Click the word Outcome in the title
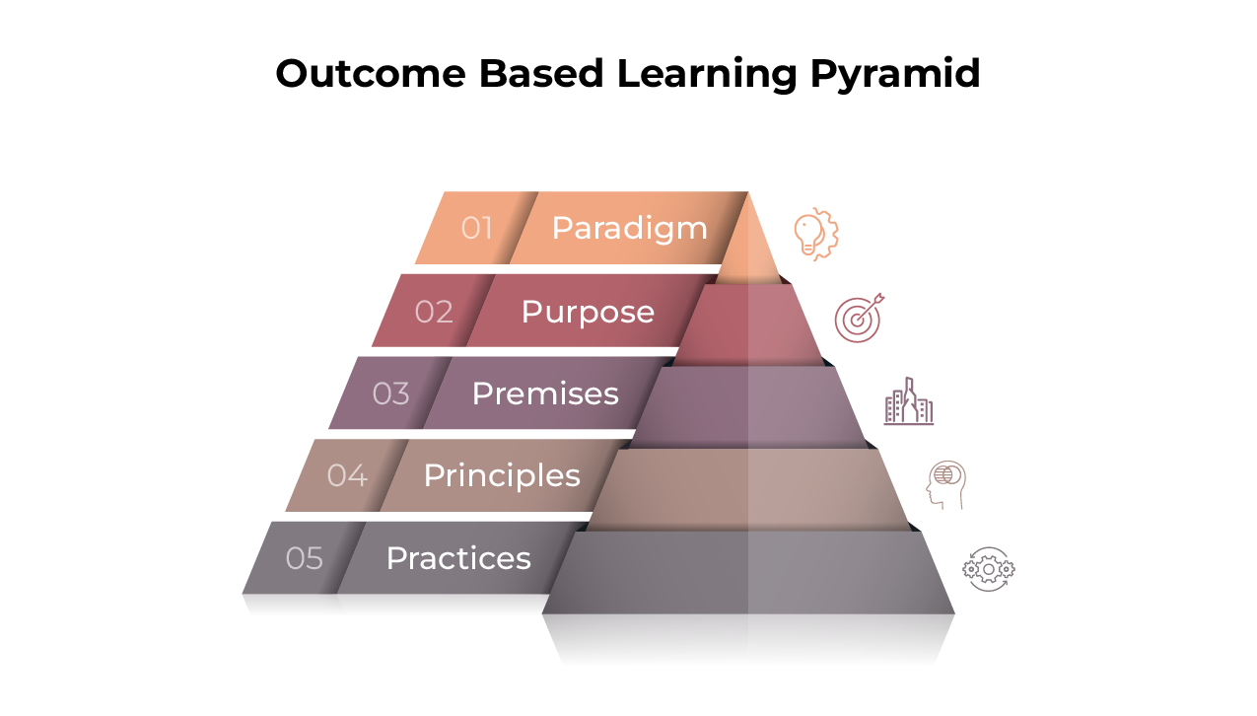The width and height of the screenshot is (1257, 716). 371,74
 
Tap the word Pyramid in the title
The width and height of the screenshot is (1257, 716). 895,74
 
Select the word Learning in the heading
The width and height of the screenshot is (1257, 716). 707,74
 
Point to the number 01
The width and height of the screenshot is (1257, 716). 476,228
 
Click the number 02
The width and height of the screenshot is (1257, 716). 434,312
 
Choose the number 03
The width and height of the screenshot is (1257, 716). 390,394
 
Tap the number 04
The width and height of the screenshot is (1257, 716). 347,475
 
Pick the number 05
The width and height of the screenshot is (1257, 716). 305,558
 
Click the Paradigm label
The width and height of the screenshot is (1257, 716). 630,229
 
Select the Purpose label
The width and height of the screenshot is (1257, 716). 588,313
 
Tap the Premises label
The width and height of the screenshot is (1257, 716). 545,394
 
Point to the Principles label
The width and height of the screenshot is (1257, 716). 502,476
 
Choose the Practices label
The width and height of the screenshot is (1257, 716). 458,558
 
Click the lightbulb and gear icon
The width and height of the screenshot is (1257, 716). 816,234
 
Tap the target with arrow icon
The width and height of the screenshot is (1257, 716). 859,318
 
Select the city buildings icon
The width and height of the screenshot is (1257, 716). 909,401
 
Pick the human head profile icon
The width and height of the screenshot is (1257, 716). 945,485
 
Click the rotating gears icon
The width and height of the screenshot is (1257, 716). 988,569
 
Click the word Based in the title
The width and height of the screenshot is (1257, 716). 541,74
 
